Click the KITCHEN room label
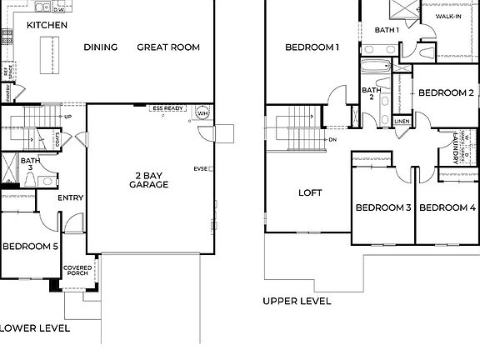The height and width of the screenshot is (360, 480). point(47,25)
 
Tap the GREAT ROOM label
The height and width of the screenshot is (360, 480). point(168,47)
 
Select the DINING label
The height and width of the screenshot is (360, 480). point(101,47)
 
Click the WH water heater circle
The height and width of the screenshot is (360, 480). point(202,113)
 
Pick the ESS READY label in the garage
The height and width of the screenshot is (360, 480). point(167,108)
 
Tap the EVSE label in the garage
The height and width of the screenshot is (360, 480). point(200,168)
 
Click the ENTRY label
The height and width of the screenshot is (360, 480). point(70,197)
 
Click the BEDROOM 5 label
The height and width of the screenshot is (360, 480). point(30,246)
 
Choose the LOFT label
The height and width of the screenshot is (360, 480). point(310,192)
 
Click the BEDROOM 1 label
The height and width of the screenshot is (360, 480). point(312,47)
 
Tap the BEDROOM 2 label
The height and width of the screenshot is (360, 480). point(446,92)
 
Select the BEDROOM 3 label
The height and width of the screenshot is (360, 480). point(383,207)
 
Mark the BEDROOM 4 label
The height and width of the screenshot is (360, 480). point(446,207)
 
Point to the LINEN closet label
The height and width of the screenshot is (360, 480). point(402,121)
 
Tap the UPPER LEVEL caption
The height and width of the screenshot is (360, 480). point(297,301)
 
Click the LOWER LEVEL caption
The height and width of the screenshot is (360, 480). point(35,328)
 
